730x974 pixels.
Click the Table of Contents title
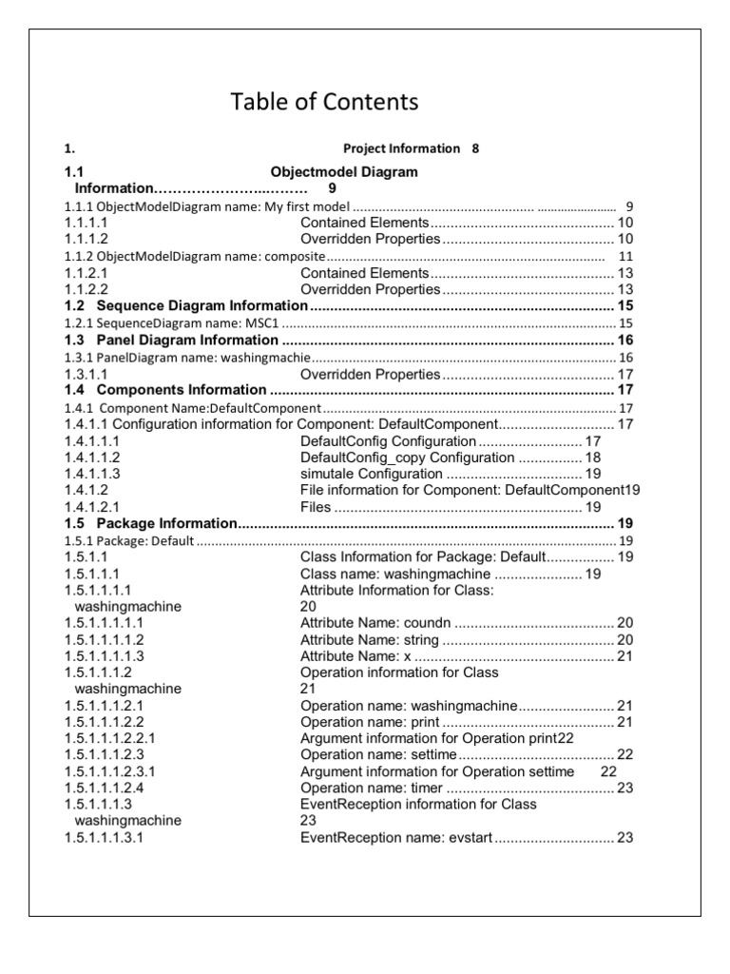coord(324,102)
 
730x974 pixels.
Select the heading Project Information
coord(400,149)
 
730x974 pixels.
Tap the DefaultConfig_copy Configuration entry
coord(407,458)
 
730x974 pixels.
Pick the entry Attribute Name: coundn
coord(377,622)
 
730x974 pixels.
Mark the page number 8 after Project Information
coord(475,149)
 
